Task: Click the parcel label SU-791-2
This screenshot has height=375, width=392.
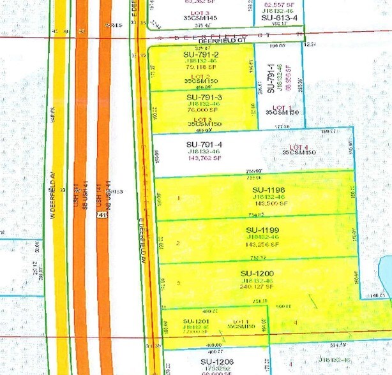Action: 200,55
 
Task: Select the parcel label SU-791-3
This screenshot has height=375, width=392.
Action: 204,98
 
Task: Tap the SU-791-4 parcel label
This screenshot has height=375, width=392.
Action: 204,144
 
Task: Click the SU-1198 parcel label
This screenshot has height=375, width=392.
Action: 268,189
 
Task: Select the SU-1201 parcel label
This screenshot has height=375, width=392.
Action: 196,321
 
